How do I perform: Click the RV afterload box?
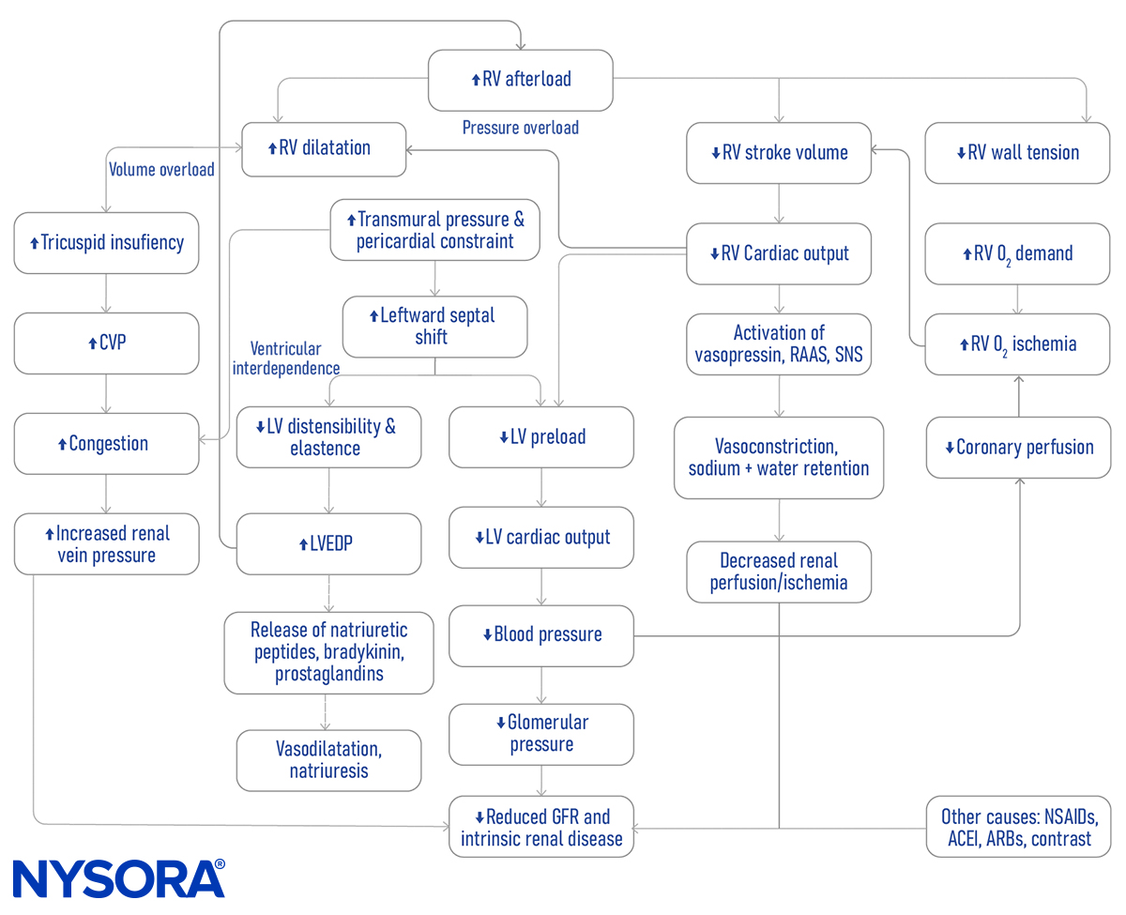521,80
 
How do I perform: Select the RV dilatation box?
324,148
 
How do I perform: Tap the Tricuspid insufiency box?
106,243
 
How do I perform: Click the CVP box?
106,343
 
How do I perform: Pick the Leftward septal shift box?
434,327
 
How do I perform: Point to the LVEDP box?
328,544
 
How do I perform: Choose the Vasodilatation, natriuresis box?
328,760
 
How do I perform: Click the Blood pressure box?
541,635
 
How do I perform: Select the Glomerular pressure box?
541,734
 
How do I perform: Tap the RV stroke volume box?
779,153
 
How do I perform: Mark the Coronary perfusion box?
1018,448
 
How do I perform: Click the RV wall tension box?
1018,153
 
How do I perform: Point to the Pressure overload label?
521,128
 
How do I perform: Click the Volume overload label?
161,170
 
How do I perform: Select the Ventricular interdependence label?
285,358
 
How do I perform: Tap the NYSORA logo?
118,878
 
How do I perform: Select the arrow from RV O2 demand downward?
1018,299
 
